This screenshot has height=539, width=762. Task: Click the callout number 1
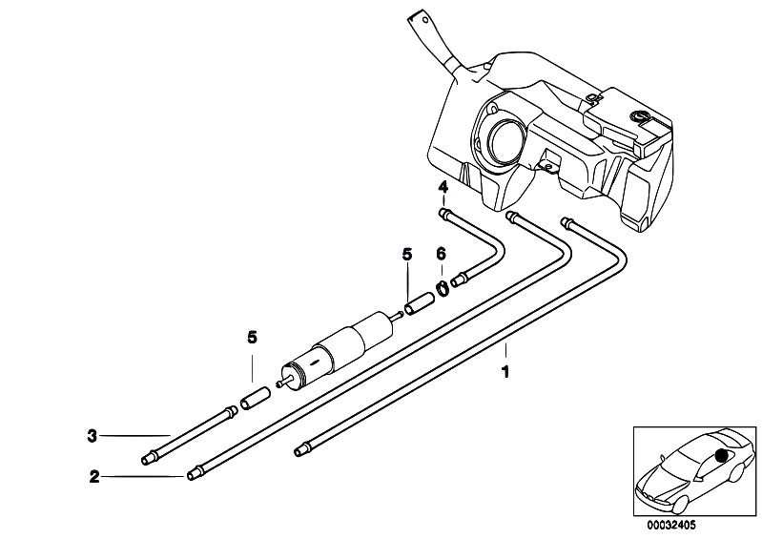(x=505, y=372)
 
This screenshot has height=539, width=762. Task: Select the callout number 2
(x=93, y=477)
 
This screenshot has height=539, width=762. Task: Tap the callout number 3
(x=93, y=435)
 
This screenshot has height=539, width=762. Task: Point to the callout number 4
(x=443, y=186)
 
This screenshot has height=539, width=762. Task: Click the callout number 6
(x=441, y=253)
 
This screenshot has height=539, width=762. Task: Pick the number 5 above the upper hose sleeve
(x=407, y=253)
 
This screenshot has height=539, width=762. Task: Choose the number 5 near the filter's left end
(x=252, y=338)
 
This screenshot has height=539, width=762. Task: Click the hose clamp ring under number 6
(x=443, y=289)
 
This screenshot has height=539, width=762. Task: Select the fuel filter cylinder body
(x=336, y=348)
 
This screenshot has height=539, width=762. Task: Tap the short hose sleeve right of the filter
(x=420, y=303)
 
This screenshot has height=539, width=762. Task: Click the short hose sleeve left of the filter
(x=256, y=397)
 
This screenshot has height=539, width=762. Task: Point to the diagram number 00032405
(x=671, y=525)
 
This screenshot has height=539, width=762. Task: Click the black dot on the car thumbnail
(x=722, y=455)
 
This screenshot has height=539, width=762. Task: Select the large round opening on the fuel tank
(x=505, y=140)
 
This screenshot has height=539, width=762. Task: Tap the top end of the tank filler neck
(x=420, y=20)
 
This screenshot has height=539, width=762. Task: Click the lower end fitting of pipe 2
(x=194, y=474)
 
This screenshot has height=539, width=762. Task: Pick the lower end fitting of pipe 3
(x=149, y=458)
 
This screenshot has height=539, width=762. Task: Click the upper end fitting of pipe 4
(x=444, y=213)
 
